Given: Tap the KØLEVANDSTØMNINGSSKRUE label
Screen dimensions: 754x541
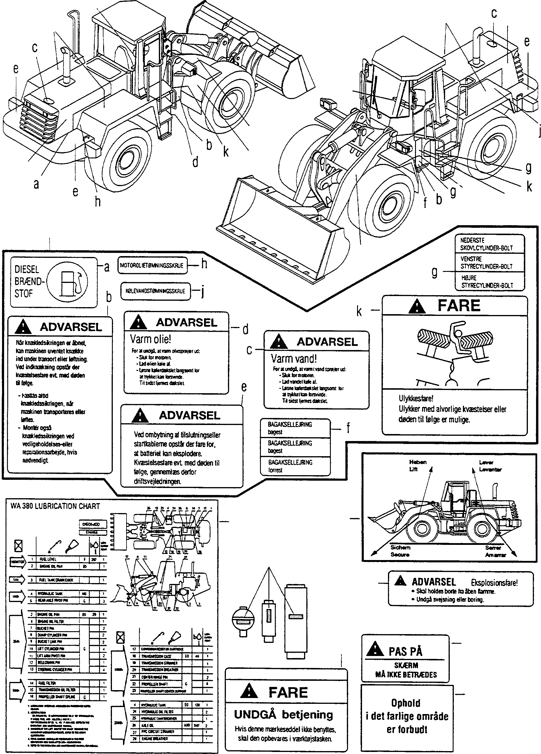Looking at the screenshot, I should click(x=155, y=291).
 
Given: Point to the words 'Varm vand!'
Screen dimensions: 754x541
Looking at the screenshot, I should click(x=294, y=358).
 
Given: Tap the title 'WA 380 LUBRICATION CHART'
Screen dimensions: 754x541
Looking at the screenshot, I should click(x=55, y=506).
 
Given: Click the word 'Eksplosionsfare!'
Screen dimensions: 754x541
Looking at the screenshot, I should click(x=494, y=582).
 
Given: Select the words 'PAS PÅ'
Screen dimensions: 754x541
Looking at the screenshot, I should click(x=405, y=651).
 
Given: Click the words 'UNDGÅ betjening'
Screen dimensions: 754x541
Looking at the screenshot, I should click(x=283, y=714).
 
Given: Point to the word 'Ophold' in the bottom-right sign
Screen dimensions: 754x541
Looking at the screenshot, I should click(x=406, y=703).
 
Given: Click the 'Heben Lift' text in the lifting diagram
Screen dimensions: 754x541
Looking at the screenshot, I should click(x=417, y=466).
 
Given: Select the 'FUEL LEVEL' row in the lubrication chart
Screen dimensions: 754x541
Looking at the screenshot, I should click(x=48, y=559).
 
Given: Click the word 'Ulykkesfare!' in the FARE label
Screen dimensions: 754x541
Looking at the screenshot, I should click(x=416, y=398).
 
